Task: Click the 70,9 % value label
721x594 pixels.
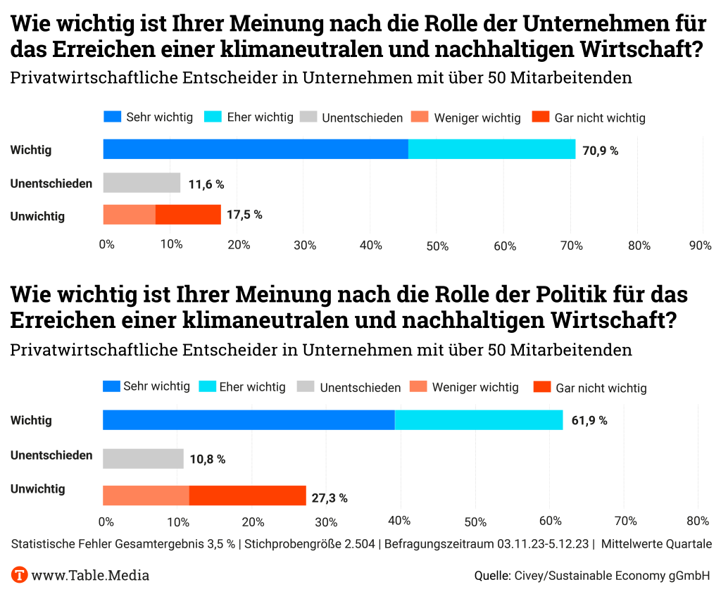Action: coord(600,150)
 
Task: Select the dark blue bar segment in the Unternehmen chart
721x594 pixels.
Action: coord(256,149)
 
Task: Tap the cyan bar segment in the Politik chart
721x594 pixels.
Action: coord(479,420)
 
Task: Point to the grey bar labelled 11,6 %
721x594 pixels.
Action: coord(142,183)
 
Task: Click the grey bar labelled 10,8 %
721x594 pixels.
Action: coord(143,459)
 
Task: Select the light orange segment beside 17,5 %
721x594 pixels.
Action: coord(129,215)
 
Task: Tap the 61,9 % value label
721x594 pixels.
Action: coord(589,421)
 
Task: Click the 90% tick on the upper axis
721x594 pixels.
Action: coord(700,245)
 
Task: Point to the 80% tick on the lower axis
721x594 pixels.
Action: coord(697,522)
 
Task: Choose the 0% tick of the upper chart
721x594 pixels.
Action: coord(106,245)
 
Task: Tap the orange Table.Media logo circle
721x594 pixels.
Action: coord(20,575)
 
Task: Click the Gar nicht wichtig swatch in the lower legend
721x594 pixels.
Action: coord(542,387)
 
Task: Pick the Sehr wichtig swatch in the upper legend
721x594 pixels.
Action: coord(113,117)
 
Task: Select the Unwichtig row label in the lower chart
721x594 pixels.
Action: coord(37,489)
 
